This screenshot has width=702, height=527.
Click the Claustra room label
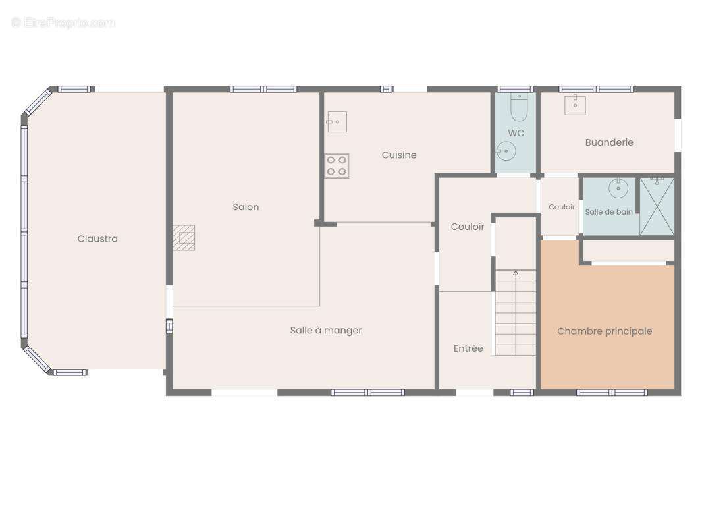point(97,238)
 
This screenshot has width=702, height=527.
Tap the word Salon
point(246,207)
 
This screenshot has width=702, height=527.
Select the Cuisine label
point(399,155)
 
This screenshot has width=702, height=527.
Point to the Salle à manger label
point(326,331)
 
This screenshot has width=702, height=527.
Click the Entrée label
point(468,348)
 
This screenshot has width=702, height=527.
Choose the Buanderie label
point(609,142)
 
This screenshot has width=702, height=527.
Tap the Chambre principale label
point(605,331)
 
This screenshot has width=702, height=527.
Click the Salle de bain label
point(609,211)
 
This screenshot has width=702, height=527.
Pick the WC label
point(516,133)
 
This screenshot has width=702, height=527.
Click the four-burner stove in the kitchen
point(337,165)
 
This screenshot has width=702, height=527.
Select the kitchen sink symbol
point(337,122)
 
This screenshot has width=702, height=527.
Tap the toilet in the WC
point(519,107)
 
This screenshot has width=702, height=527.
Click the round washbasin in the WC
point(506,151)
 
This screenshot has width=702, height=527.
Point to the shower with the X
point(657,206)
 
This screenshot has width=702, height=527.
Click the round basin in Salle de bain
point(618,188)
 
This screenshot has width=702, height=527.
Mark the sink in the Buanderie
point(576,105)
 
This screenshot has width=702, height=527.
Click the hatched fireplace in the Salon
point(184,238)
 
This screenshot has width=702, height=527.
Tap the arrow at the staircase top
point(516,272)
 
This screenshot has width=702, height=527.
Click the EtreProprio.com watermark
point(63,22)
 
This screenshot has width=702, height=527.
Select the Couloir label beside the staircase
point(468,227)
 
